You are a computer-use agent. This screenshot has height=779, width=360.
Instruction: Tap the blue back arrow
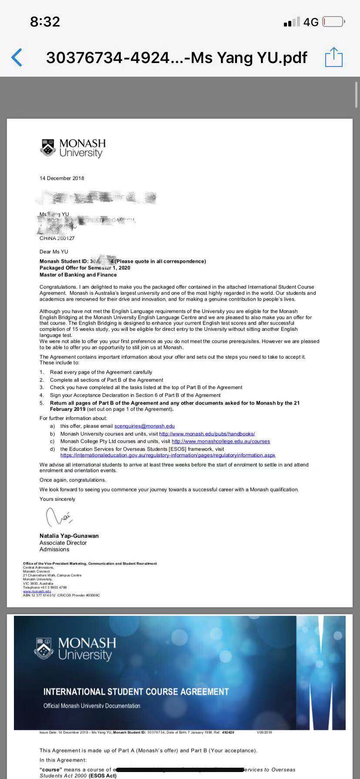(x=17, y=57)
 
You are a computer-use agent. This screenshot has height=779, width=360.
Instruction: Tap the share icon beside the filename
(x=334, y=57)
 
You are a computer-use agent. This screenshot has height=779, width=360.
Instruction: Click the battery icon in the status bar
(x=333, y=22)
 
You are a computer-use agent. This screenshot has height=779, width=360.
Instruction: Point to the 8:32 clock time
(x=45, y=22)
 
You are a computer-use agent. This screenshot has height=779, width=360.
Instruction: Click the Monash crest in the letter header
(x=48, y=148)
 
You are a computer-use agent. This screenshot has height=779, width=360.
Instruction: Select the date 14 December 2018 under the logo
(x=62, y=178)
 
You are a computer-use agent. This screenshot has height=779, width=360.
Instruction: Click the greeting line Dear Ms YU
(x=54, y=252)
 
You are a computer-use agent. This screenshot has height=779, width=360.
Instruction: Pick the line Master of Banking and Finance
(x=78, y=275)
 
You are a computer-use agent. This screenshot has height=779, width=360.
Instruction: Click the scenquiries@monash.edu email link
(x=144, y=426)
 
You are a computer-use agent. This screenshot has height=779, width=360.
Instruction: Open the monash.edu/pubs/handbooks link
(x=207, y=434)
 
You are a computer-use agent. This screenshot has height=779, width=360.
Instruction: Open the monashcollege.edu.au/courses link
(x=221, y=441)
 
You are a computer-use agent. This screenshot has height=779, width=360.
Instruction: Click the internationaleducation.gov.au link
(x=168, y=455)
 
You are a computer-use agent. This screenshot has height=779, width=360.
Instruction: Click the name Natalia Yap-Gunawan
(x=69, y=536)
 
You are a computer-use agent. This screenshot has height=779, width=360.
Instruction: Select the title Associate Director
(x=63, y=543)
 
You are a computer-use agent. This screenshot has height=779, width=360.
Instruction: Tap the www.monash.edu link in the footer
(x=37, y=591)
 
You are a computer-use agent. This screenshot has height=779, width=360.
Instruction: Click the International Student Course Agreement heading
(x=136, y=692)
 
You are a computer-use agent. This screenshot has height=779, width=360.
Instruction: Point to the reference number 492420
(x=228, y=732)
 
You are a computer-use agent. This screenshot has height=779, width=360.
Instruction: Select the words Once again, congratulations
(x=73, y=480)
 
